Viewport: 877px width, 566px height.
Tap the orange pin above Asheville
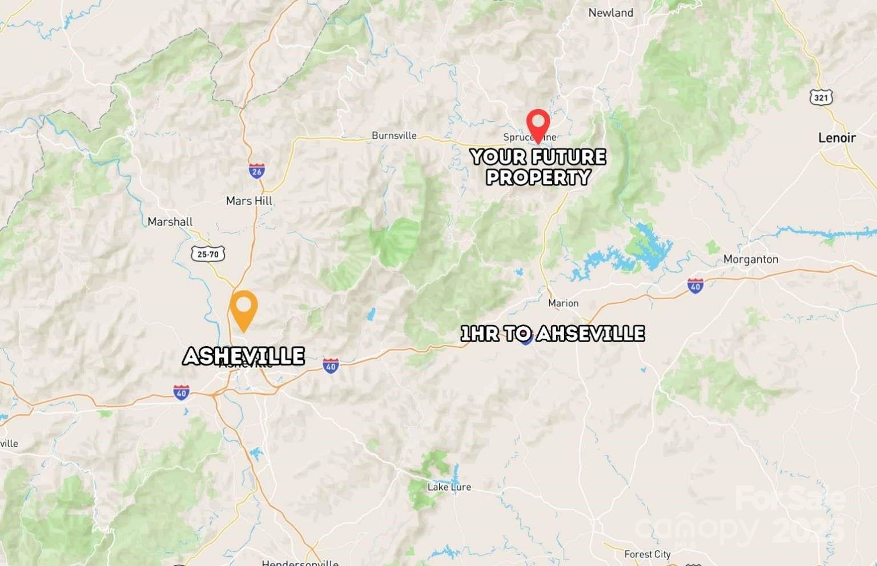243,308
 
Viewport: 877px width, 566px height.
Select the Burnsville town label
394,136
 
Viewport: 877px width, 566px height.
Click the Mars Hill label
249,201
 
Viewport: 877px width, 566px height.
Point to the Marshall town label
170,222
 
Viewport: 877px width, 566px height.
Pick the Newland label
610,13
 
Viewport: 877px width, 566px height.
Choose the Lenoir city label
836,138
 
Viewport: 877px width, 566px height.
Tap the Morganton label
750,259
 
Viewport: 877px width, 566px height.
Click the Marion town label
563,303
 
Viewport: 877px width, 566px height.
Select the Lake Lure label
449,487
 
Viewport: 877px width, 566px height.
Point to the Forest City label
647,554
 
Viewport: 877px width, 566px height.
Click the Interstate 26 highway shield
256,170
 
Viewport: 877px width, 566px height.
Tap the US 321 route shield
821,98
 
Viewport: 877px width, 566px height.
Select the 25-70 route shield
208,254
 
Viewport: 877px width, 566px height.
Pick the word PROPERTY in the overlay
538,177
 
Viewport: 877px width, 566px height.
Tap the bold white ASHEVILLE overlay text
243,356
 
